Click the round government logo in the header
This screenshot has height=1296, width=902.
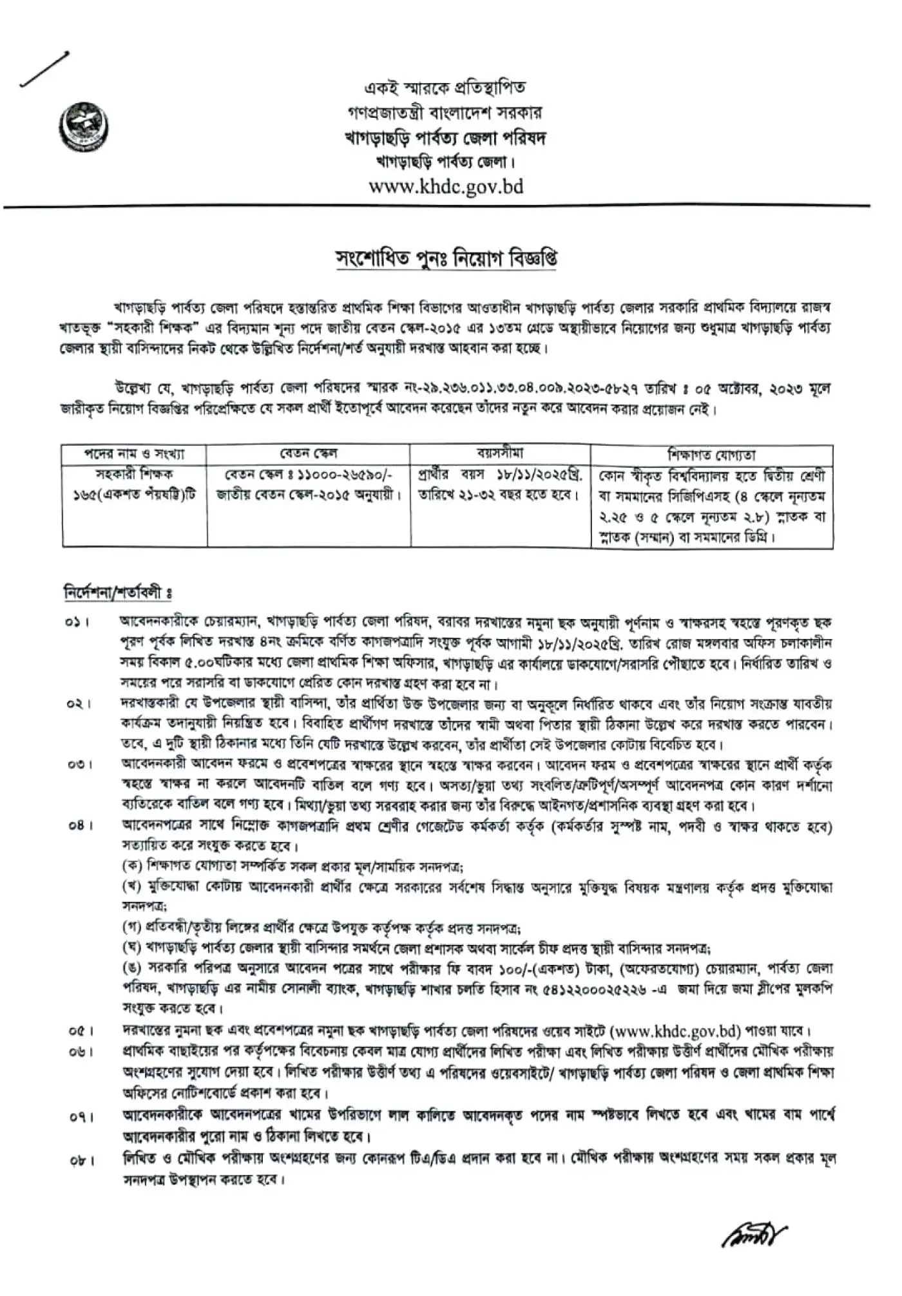84,127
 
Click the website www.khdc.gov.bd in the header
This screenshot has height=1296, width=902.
446,187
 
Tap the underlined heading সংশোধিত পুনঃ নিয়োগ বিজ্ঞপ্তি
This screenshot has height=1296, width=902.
446,259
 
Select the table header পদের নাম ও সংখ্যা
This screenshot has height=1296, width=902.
134,454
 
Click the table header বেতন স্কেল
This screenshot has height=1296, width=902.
309,453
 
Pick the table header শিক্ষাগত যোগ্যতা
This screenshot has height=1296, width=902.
711,454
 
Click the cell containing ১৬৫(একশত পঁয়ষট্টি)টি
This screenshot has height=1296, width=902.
134,495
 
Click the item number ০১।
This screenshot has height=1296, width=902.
77,623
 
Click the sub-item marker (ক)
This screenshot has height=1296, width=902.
132,865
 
